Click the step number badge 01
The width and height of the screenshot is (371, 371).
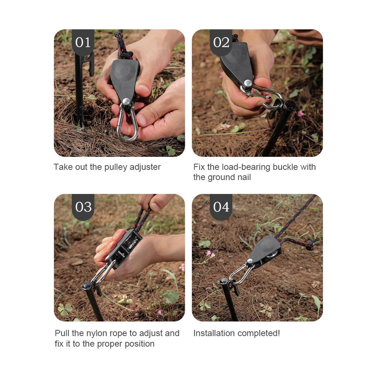83,42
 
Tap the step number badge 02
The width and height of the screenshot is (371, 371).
221,42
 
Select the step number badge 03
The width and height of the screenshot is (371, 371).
83,207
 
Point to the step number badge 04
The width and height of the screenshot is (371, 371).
221,207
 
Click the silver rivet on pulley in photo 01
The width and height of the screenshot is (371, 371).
126,101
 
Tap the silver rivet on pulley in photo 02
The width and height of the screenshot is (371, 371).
248,83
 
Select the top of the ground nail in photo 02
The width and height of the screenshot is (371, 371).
290,105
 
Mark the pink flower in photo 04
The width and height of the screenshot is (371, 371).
210,254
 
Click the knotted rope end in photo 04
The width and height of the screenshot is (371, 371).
310,247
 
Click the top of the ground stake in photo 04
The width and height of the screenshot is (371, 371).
224,282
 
